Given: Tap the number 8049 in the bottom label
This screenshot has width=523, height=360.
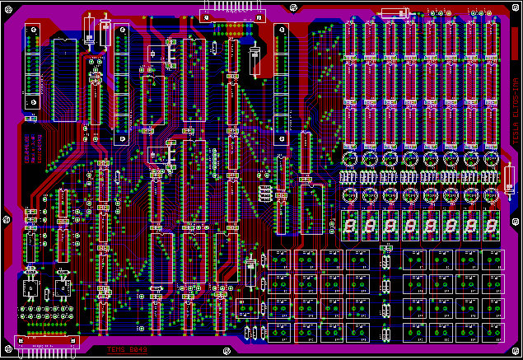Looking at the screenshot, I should (x=136, y=350).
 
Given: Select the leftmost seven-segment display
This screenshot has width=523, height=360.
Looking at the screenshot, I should (x=350, y=222).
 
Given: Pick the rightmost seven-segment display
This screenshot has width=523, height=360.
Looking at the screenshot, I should (x=492, y=222).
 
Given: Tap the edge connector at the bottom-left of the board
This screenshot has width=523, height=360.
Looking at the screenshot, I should (x=46, y=347).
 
